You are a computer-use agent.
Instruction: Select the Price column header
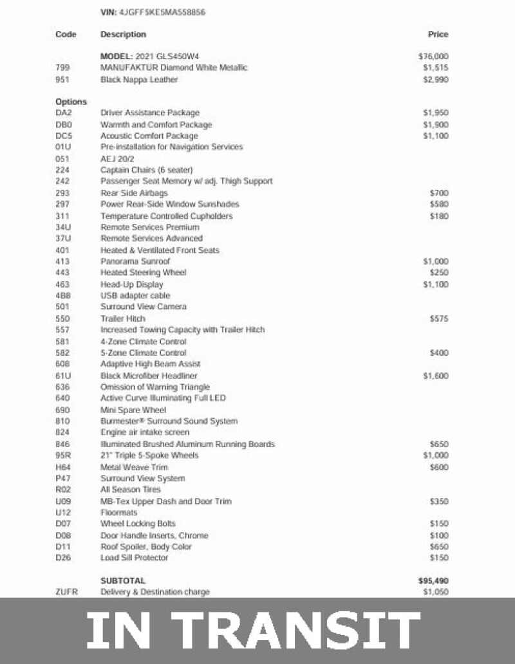point(438,34)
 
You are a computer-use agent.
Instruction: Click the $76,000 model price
point(433,57)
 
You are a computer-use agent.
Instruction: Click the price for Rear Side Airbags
point(439,193)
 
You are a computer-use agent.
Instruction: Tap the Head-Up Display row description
point(132,284)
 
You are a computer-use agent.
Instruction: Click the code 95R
point(63,456)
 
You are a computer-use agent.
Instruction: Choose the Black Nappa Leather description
point(139,80)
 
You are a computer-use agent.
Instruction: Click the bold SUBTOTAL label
point(123,580)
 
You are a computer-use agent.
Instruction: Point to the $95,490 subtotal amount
point(433,580)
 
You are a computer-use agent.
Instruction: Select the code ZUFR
point(67,592)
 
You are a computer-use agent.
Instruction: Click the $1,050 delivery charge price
point(436,592)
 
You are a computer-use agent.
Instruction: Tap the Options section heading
point(71,102)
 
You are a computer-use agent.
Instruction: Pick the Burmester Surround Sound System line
point(169,421)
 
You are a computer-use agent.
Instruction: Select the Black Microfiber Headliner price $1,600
point(436,376)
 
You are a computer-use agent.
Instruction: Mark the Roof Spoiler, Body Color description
point(145,547)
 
